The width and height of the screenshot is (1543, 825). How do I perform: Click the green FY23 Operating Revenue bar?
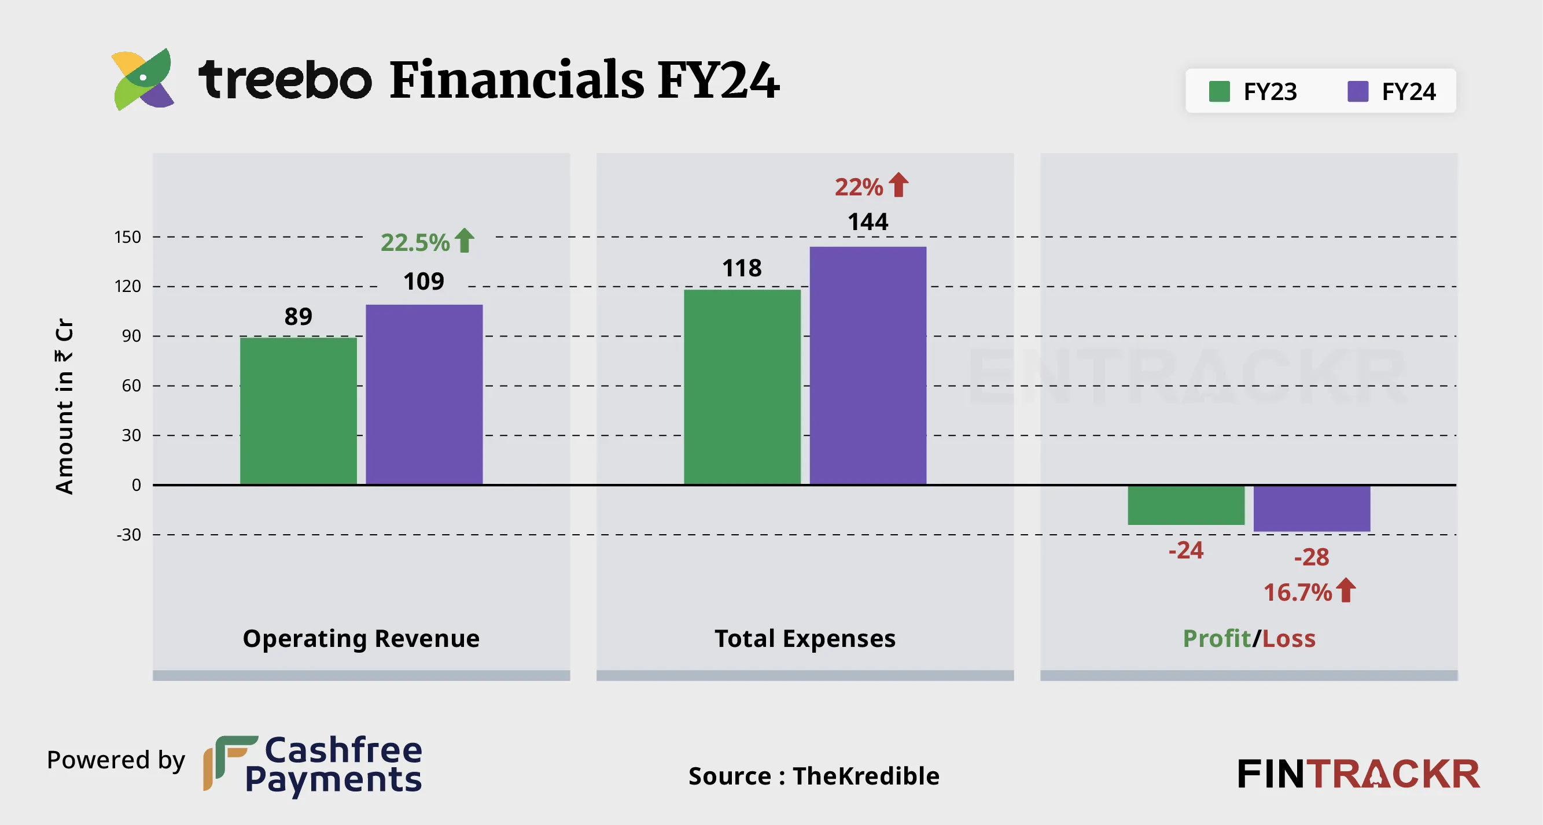point(299,410)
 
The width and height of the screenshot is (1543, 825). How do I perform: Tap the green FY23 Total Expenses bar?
point(742,387)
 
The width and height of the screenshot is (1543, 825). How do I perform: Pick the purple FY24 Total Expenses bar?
point(868,365)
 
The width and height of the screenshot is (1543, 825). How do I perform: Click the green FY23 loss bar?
point(1186,505)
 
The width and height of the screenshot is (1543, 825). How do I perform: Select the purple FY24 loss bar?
point(1312,508)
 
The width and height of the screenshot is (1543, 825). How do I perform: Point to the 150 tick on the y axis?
point(128,237)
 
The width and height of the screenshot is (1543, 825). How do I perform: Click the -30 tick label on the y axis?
point(129,535)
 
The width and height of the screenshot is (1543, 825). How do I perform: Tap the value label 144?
point(868,222)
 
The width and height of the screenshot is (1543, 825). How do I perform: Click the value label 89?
point(299,316)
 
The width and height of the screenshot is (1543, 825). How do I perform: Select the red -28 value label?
point(1312,557)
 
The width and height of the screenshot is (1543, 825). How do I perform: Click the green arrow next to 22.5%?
point(464,241)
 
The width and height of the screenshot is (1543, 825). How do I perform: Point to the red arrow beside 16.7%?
point(1346,590)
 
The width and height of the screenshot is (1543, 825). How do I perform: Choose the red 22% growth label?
point(859,187)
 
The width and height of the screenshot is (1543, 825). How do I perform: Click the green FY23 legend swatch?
point(1219,91)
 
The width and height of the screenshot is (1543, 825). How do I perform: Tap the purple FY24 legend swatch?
point(1357,91)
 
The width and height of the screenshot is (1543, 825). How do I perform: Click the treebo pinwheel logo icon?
point(143,80)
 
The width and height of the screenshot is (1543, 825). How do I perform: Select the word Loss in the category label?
point(1289,639)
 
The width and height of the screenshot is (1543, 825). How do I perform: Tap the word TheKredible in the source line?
point(866,776)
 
